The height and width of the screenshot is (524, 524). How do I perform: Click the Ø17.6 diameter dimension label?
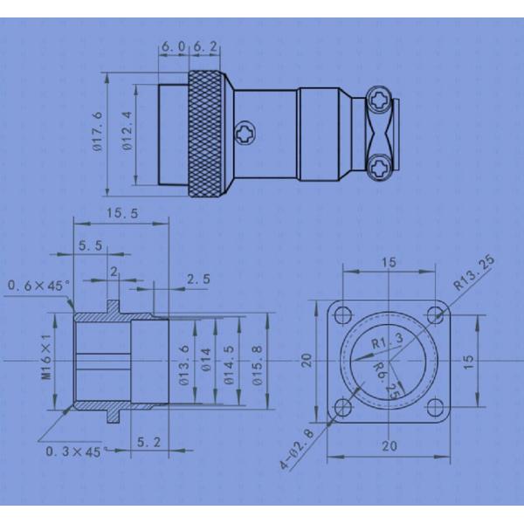(98, 133)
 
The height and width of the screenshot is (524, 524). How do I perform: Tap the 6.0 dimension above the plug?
(173, 46)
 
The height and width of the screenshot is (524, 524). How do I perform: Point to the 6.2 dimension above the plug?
(205, 46)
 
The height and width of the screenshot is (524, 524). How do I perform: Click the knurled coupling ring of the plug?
(205, 134)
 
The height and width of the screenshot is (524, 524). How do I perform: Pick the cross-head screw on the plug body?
(245, 134)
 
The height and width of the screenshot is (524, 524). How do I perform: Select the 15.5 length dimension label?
(122, 213)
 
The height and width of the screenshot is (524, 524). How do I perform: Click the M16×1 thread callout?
(47, 356)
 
